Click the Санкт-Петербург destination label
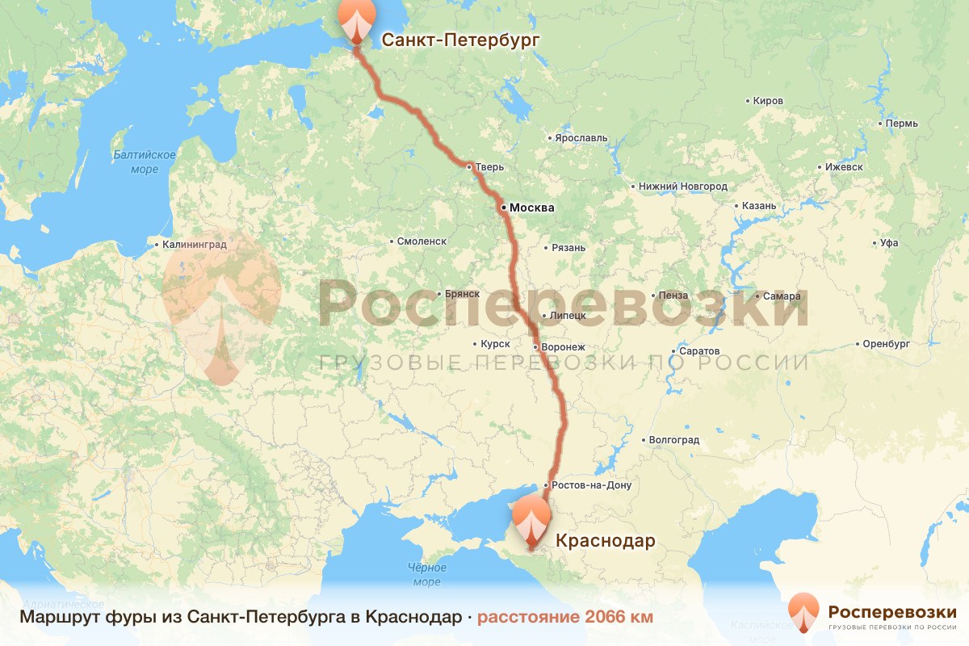pyautogui.click(x=459, y=40)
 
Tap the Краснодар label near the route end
pyautogui.click(x=605, y=540)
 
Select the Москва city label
pyautogui.click(x=531, y=208)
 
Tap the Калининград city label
pyautogui.click(x=194, y=243)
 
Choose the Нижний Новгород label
pyautogui.click(x=682, y=187)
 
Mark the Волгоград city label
pyautogui.click(x=674, y=440)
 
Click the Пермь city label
pyautogui.click(x=901, y=124)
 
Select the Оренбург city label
pyautogui.click(x=886, y=344)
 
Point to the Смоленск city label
pyautogui.click(x=422, y=241)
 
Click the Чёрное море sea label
pyautogui.click(x=426, y=574)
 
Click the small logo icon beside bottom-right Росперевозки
pyautogui.click(x=803, y=612)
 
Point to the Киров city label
pyautogui.click(x=767, y=101)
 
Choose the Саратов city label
pyautogui.click(x=698, y=352)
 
